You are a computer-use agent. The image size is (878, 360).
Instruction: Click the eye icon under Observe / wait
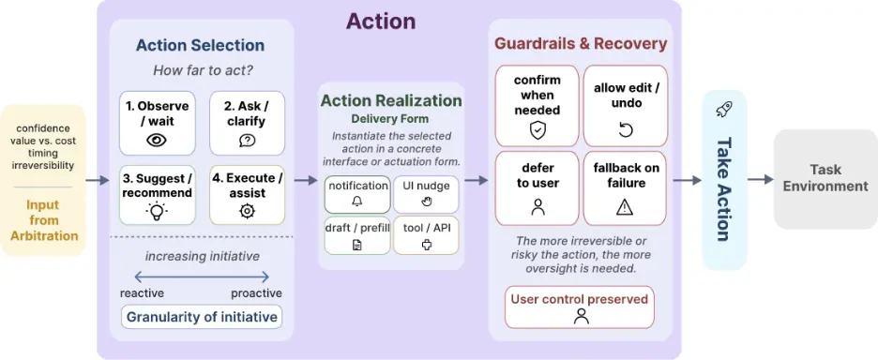point(157,140)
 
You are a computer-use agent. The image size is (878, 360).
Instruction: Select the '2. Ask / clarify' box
point(247,123)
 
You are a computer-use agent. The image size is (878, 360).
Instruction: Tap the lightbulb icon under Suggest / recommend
point(157,211)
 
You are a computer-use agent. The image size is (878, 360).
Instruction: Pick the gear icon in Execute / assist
point(247,211)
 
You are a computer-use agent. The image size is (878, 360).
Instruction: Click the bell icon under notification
point(356,202)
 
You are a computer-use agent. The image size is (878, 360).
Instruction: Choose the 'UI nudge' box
point(426,194)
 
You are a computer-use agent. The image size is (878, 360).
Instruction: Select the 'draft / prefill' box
point(357,235)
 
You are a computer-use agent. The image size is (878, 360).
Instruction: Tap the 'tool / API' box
point(426,235)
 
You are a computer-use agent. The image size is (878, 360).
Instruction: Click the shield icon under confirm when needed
point(537,130)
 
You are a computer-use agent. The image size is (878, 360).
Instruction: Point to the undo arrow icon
point(625,130)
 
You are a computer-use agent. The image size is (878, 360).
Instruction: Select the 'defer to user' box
point(537,188)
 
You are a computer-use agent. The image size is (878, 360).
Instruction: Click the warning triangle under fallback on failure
point(625,207)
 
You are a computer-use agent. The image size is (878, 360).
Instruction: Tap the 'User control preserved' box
point(580,307)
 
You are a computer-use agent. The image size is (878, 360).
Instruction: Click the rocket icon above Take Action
point(723,109)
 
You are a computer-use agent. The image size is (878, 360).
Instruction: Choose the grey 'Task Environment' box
point(825,179)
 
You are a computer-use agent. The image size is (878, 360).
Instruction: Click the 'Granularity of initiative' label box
point(202,317)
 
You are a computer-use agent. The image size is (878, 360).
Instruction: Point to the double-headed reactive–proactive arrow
point(202,276)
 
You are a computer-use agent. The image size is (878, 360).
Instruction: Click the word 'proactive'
point(256,294)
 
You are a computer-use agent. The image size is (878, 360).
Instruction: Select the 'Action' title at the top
point(381,22)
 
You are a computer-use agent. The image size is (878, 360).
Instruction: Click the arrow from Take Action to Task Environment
point(761,179)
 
